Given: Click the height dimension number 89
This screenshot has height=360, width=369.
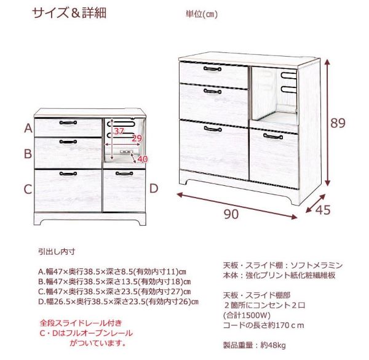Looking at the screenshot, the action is (x=338, y=122).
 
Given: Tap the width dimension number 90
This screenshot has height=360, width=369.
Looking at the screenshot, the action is (x=231, y=214).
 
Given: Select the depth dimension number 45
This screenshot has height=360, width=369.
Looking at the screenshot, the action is (x=323, y=210).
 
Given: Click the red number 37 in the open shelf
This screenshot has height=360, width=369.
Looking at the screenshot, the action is (x=119, y=131).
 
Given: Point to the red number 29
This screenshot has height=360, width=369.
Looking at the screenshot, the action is (x=137, y=138).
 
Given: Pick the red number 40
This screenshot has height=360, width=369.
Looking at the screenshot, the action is (x=143, y=159).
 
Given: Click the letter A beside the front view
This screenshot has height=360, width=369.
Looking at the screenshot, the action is (x=28, y=129).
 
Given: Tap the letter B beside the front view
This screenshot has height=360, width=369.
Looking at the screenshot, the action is (x=28, y=154).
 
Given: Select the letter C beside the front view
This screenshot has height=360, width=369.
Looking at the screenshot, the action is (x=28, y=189).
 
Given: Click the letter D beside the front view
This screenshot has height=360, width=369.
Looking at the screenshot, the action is (x=154, y=188).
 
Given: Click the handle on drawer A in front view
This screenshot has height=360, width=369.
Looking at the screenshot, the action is (x=68, y=122).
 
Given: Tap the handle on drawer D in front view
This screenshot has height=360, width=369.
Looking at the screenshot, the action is (x=124, y=174).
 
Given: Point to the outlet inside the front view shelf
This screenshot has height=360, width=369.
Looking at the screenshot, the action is (x=127, y=151).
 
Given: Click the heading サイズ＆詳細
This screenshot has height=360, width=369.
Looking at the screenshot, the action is (x=69, y=13).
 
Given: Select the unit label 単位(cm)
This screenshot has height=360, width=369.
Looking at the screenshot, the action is (x=202, y=14).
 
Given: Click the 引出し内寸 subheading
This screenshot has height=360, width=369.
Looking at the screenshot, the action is (x=57, y=252).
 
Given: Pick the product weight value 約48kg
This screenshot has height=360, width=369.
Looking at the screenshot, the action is (x=273, y=345).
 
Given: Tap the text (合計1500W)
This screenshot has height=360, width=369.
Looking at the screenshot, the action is (x=247, y=315).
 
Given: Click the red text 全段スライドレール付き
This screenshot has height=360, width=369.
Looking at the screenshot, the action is (x=81, y=323).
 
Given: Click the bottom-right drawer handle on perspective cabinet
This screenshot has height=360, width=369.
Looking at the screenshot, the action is (x=273, y=137).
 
